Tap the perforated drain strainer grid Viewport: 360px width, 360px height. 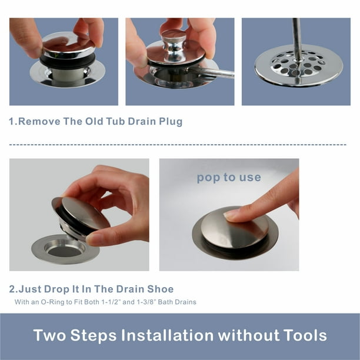(299, 65)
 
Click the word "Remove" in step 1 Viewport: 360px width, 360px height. (39, 121)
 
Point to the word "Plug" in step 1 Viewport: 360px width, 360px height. (171, 122)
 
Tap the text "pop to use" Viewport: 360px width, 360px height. (229, 178)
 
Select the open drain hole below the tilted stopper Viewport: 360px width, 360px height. (65, 251)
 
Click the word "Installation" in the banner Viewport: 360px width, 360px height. (168, 335)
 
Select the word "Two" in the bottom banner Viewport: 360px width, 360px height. (49, 335)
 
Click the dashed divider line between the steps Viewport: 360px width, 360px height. (178, 145)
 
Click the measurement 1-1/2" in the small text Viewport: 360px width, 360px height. (111, 302)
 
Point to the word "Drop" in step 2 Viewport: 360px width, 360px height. (56, 289)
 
